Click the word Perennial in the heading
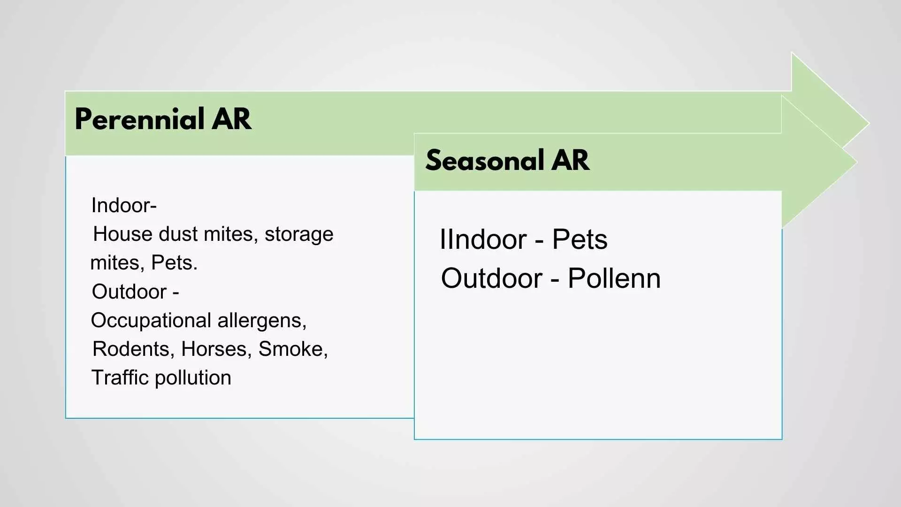click(139, 119)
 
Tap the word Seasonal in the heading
click(484, 160)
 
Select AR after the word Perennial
click(231, 119)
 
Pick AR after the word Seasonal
click(570, 160)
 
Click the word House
click(123, 234)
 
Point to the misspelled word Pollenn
click(614, 278)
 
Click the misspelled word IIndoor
click(483, 239)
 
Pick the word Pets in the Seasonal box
click(580, 239)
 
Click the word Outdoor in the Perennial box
click(130, 292)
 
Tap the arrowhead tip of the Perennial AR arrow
click(869, 124)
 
